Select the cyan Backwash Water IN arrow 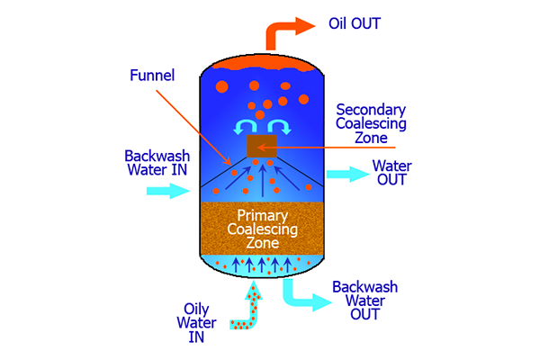(x=166, y=191)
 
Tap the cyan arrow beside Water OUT (x=341, y=173)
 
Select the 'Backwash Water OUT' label (x=362, y=300)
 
